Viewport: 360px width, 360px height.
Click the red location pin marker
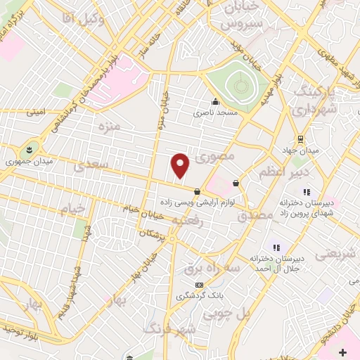click(181, 165)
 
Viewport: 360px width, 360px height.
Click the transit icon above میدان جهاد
click(301, 139)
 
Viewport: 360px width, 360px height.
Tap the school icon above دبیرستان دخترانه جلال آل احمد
click(276, 247)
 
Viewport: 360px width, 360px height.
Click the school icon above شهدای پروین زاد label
click(306, 192)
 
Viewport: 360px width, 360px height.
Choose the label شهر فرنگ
click(167, 328)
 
